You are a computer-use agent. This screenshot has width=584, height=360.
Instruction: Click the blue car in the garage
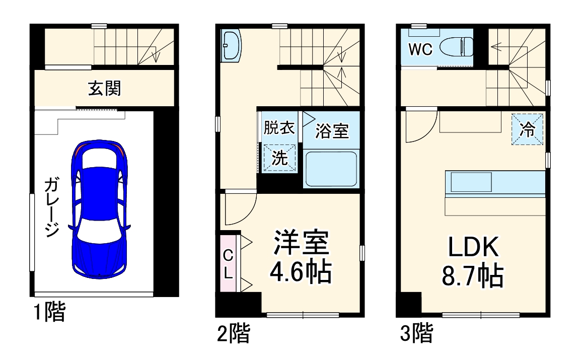(99, 209)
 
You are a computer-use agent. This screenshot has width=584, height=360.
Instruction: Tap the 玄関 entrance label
(105, 89)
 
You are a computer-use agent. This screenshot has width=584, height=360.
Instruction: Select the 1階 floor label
(49, 313)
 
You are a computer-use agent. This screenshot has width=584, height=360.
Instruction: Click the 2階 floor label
(233, 333)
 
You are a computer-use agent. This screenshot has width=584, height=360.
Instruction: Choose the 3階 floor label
(416, 333)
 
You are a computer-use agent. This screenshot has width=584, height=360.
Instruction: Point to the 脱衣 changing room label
(279, 128)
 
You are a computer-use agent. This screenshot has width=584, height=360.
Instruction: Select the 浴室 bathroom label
(332, 131)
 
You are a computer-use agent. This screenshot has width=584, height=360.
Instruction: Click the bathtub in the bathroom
(331, 169)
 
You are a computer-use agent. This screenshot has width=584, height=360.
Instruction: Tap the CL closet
(228, 264)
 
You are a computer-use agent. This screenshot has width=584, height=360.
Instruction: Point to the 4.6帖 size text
(301, 272)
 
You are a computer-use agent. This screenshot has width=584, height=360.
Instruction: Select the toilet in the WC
(456, 48)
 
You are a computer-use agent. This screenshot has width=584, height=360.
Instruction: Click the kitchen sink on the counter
(470, 182)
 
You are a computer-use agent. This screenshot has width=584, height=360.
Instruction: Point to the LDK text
(473, 248)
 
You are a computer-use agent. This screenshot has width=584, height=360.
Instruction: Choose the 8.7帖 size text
(473, 275)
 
